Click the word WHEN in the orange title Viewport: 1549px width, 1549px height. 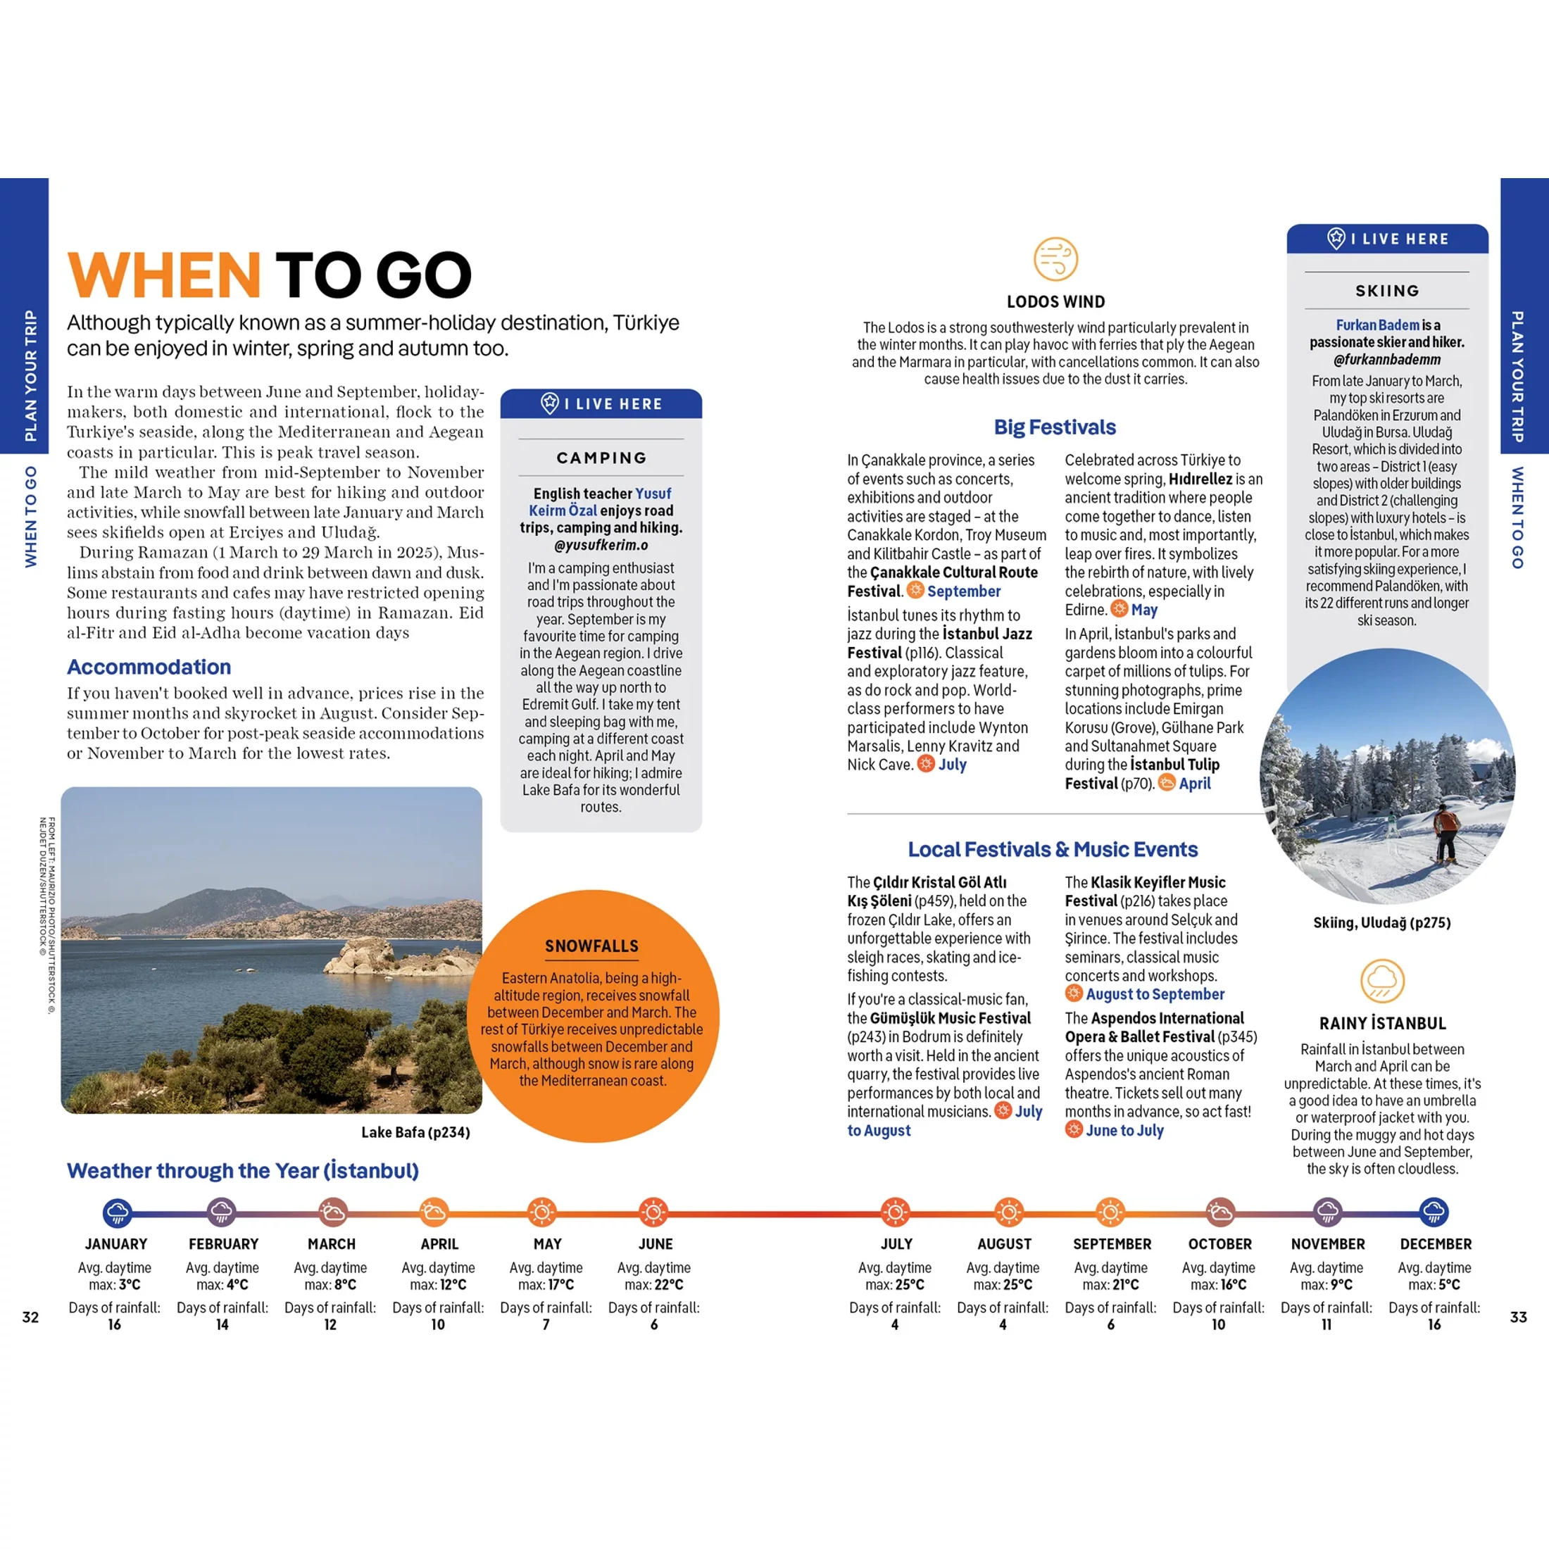(x=164, y=275)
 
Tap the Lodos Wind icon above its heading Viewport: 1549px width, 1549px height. (x=1055, y=259)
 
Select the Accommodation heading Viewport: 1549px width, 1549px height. (x=149, y=667)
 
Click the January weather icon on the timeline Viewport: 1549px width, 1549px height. (x=117, y=1212)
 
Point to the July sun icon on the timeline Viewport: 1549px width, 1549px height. (x=895, y=1212)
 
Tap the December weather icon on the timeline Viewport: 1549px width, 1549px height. (x=1434, y=1212)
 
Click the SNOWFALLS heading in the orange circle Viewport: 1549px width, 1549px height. (x=591, y=946)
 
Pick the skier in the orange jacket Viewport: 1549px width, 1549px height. (x=1445, y=834)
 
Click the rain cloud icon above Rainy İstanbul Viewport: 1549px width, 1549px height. (x=1382, y=981)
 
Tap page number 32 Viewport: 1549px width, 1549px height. (x=30, y=1317)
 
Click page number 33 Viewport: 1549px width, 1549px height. (x=1518, y=1317)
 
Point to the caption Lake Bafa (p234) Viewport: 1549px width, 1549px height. (x=415, y=1132)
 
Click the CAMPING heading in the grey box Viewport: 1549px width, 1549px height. (x=601, y=458)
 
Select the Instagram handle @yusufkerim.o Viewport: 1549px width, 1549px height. (x=601, y=545)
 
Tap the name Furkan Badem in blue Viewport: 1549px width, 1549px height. (x=1376, y=325)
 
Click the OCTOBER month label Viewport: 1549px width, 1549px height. (x=1219, y=1244)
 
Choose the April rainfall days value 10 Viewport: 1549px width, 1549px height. (x=438, y=1324)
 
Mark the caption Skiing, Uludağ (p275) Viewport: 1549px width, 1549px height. (x=1381, y=923)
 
